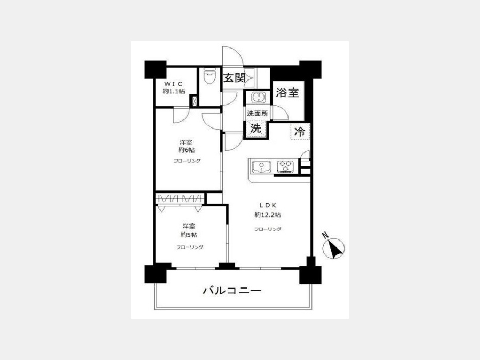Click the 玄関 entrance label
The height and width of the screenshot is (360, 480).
[235, 78]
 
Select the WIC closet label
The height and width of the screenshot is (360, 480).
[173, 84]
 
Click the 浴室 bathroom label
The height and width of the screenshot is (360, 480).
[287, 92]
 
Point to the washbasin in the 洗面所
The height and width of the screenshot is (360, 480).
[259, 98]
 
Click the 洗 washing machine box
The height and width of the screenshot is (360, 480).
[256, 128]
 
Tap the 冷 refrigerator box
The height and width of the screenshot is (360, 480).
[300, 132]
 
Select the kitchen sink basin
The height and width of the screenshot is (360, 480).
[262, 167]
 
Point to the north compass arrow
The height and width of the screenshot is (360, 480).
[334, 248]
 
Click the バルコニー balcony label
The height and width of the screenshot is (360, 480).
[232, 290]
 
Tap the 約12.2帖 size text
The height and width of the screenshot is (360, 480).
[268, 215]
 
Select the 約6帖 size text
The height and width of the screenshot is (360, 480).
[187, 150]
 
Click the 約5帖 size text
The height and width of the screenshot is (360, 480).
[189, 235]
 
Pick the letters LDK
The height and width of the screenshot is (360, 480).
[268, 205]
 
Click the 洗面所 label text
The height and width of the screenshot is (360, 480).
[258, 114]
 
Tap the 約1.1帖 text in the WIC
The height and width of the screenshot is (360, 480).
[173, 91]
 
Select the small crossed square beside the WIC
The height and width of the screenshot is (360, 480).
[194, 101]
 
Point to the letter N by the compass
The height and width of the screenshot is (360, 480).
[325, 235]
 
